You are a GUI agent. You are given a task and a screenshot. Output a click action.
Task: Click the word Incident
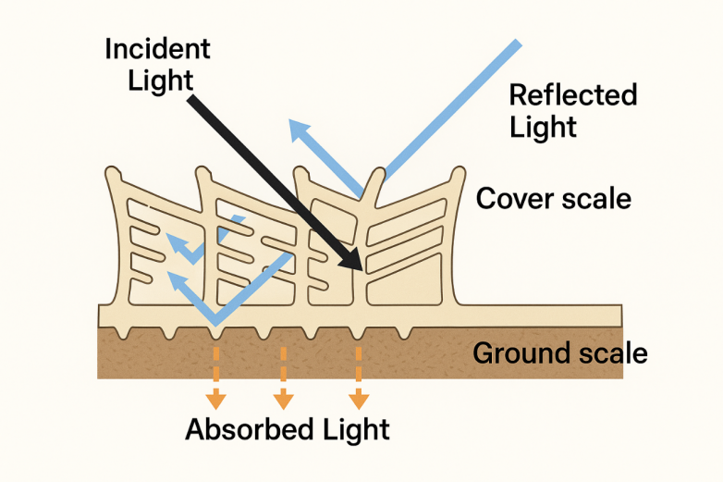tap(157, 49)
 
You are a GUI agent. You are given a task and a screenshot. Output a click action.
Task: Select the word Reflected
tap(573, 95)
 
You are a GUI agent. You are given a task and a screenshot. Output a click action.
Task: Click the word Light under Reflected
tap(543, 127)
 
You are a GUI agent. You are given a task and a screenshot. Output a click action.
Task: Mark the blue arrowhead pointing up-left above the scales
tap(298, 130)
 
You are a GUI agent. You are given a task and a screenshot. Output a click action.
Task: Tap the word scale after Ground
tap(611, 353)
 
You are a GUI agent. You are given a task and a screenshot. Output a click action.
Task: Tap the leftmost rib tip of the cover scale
tap(113, 174)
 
